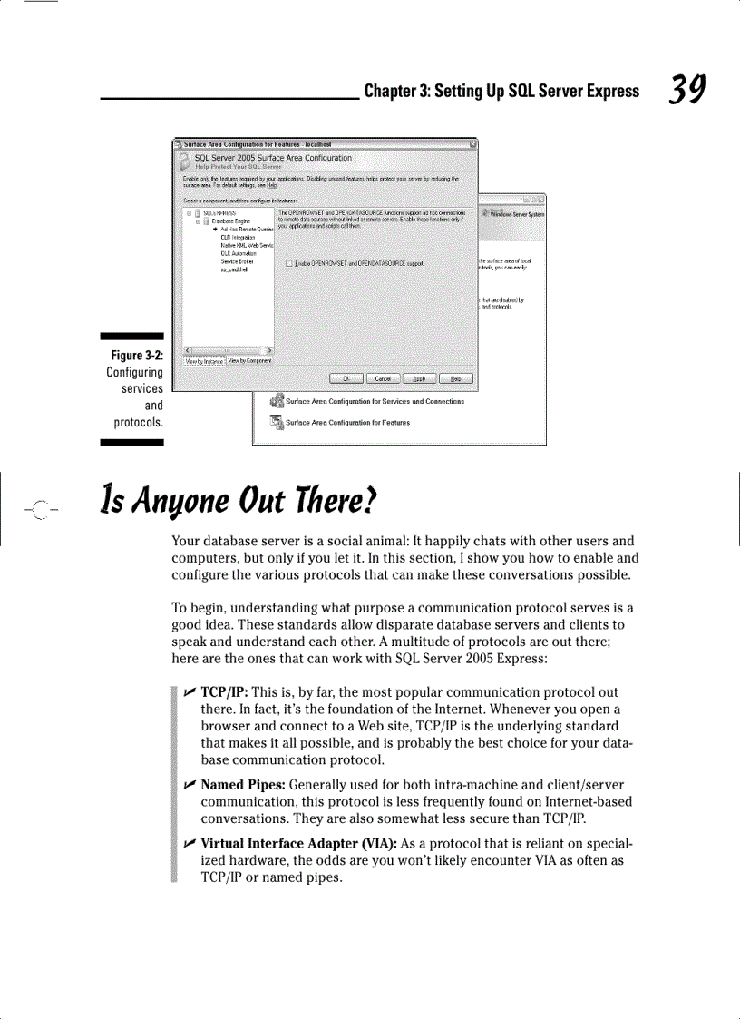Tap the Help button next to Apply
456,378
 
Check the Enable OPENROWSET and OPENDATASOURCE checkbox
288,263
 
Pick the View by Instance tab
204,361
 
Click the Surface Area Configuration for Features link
347,423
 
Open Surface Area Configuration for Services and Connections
375,401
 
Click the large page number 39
686,90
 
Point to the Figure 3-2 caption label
134,356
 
